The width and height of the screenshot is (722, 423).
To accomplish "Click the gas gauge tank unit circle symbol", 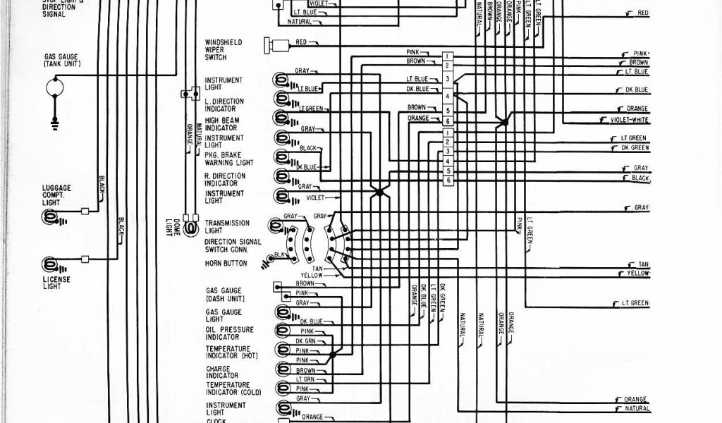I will [x=55, y=87].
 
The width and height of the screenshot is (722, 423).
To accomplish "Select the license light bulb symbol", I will [x=51, y=265].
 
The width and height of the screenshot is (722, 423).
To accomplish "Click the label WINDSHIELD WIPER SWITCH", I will [x=223, y=49].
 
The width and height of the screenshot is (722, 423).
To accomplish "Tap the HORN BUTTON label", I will [x=226, y=264].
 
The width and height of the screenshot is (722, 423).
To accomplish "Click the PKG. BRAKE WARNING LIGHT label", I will [x=228, y=159].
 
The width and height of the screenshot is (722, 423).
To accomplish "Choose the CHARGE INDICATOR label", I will [x=224, y=371].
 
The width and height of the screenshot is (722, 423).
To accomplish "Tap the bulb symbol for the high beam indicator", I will [x=281, y=118].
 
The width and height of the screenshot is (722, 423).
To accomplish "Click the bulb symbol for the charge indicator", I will [x=283, y=368].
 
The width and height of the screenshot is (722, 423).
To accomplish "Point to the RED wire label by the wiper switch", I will [x=302, y=43].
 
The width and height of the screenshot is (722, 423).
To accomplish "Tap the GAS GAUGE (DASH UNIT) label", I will [x=224, y=294].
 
